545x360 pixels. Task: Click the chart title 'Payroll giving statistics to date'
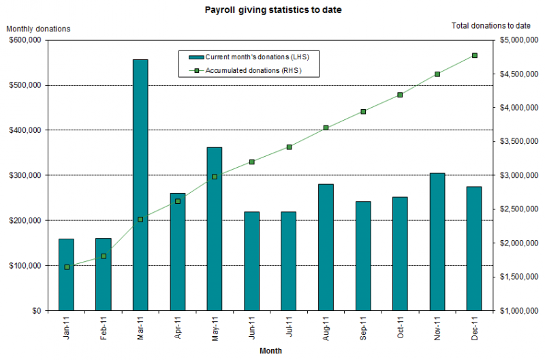(264, 11)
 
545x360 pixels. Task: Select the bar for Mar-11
(140, 184)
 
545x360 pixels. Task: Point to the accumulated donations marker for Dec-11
(475, 55)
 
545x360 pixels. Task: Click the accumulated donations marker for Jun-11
(252, 162)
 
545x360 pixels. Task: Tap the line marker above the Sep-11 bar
(363, 111)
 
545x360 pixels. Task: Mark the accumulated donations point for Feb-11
(104, 256)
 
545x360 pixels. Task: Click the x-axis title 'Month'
(270, 350)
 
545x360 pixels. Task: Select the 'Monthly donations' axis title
(38, 29)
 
